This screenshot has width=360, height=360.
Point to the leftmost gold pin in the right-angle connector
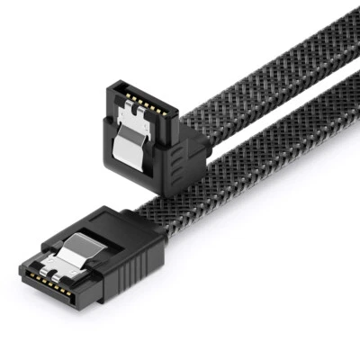click(x=118, y=93)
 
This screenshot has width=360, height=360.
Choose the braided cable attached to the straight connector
click(x=243, y=180)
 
